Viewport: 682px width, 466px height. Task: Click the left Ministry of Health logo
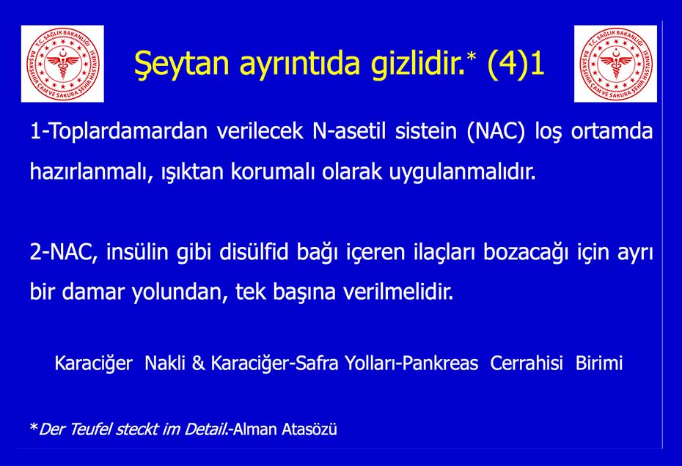[62, 64]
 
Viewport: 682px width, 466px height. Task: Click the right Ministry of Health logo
[615, 64]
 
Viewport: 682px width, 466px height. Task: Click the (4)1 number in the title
[516, 63]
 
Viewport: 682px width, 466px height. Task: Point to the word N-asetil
[349, 131]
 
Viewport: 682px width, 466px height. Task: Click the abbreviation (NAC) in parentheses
[496, 131]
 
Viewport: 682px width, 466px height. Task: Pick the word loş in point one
[548, 132]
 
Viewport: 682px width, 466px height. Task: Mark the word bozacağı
[525, 253]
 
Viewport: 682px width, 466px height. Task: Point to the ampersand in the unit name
[198, 363]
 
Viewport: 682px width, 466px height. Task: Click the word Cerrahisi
[527, 363]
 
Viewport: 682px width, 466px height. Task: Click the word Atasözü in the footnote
[309, 429]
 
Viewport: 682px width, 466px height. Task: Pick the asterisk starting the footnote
[34, 427]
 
